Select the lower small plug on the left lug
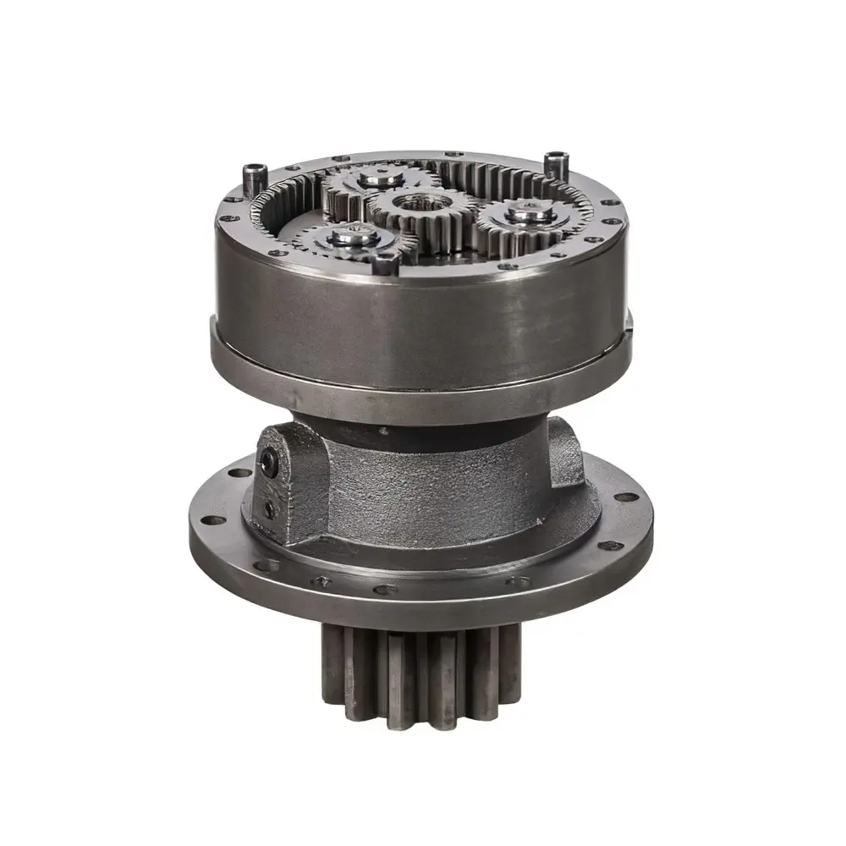(268, 508)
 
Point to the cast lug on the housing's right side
(565, 453)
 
